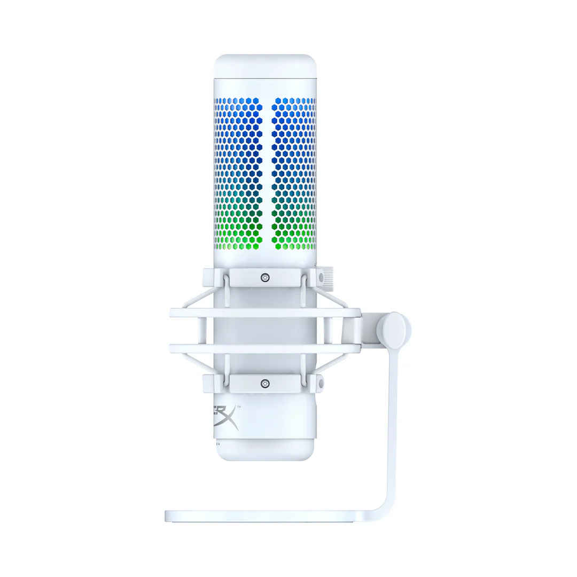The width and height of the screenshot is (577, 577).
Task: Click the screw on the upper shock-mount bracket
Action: [265, 277]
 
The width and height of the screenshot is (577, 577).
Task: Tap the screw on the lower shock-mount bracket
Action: [265, 383]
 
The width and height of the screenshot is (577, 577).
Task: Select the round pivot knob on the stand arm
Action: [393, 330]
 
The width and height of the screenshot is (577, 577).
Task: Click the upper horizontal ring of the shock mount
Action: [265, 313]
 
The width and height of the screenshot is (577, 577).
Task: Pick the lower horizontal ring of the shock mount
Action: [265, 348]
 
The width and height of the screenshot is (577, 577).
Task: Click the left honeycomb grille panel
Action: [238, 174]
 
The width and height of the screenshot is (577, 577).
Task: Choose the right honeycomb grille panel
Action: [293, 174]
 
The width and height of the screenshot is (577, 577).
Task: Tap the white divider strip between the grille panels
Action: [267, 174]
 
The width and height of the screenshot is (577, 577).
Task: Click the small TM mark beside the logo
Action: [238, 408]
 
